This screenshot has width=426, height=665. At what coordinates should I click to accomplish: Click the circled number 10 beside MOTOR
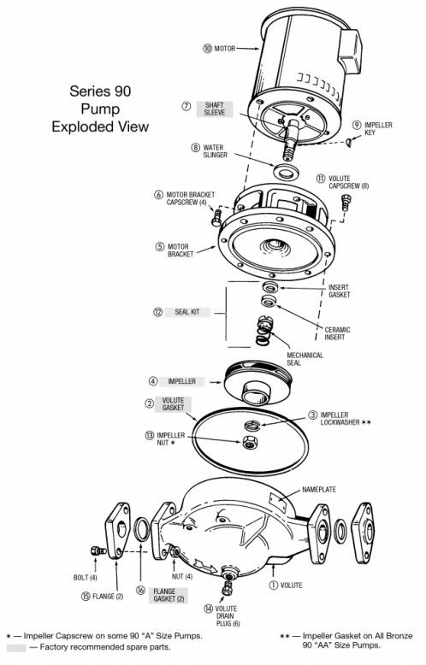[207, 49]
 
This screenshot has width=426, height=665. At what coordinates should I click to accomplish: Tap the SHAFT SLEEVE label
[215, 109]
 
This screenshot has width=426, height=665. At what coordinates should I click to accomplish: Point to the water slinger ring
[286, 171]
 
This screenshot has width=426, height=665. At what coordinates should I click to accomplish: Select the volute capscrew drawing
[346, 203]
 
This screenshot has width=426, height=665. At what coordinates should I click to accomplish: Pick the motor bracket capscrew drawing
[216, 218]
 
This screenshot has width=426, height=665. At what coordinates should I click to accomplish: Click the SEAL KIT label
[187, 312]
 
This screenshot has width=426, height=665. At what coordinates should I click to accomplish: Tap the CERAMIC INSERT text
[337, 333]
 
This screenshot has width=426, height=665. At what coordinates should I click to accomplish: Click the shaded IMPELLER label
[182, 381]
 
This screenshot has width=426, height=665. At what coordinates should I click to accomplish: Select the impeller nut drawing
[248, 442]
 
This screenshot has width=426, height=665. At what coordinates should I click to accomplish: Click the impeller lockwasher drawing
[252, 425]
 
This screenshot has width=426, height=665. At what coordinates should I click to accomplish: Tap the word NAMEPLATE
[319, 490]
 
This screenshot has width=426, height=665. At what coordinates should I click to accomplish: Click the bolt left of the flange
[98, 551]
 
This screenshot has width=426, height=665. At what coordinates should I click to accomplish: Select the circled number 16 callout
[140, 591]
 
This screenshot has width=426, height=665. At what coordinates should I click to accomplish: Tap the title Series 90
[100, 91]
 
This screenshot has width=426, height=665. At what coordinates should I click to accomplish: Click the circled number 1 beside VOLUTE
[273, 586]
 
